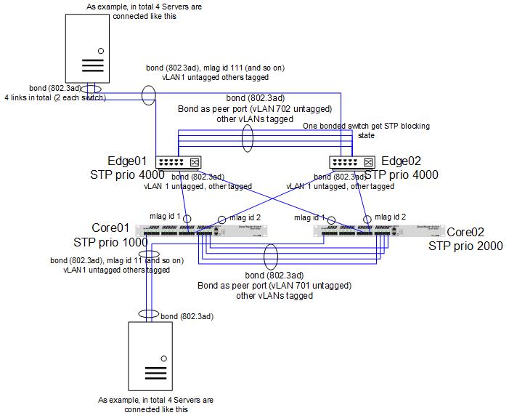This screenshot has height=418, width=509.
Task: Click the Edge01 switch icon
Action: point(178,161)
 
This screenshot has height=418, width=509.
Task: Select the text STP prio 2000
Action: point(465,246)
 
